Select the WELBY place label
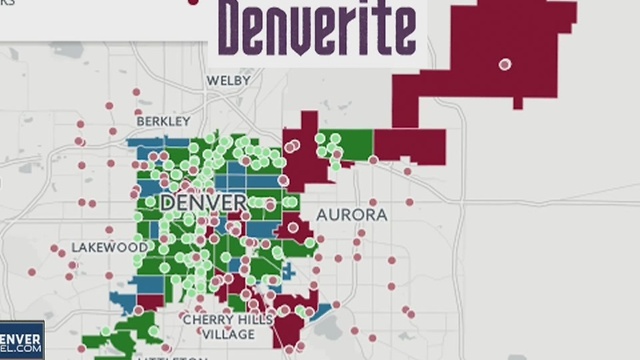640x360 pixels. pyautogui.click(x=229, y=80)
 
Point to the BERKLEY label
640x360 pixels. pyautogui.click(x=162, y=122)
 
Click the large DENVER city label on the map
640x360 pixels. pyautogui.click(x=203, y=203)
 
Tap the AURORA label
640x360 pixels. pyautogui.click(x=351, y=215)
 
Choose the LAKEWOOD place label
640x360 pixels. pyautogui.click(x=110, y=247)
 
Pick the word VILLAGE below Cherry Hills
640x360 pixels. pyautogui.click(x=235, y=335)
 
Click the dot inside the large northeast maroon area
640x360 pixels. pyautogui.click(x=505, y=64)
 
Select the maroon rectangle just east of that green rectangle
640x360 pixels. pyautogui.click(x=410, y=145)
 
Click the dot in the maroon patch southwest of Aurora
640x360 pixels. pyautogui.click(x=293, y=227)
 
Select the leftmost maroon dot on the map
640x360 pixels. pyautogui.click(x=31, y=271)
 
